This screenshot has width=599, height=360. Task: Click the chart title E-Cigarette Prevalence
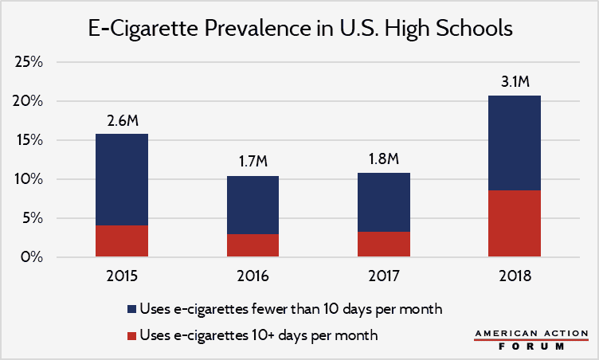[x=299, y=30]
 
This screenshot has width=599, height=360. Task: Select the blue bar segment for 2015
[x=122, y=179]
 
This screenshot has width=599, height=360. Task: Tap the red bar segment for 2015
[x=122, y=241]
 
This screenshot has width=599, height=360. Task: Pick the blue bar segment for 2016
[x=253, y=205]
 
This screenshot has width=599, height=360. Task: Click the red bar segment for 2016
[x=253, y=245]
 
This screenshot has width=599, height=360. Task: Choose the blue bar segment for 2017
[x=383, y=202]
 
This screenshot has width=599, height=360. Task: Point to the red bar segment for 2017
[x=383, y=245]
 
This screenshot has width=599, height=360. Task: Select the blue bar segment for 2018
[x=514, y=143]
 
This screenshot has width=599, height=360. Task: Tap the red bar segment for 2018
[x=514, y=224]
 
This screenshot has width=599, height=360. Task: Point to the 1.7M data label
[x=253, y=162]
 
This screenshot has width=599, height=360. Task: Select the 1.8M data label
[x=383, y=159]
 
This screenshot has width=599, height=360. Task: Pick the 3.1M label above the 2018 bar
[x=514, y=82]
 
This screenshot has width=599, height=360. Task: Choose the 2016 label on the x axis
[x=253, y=277]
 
